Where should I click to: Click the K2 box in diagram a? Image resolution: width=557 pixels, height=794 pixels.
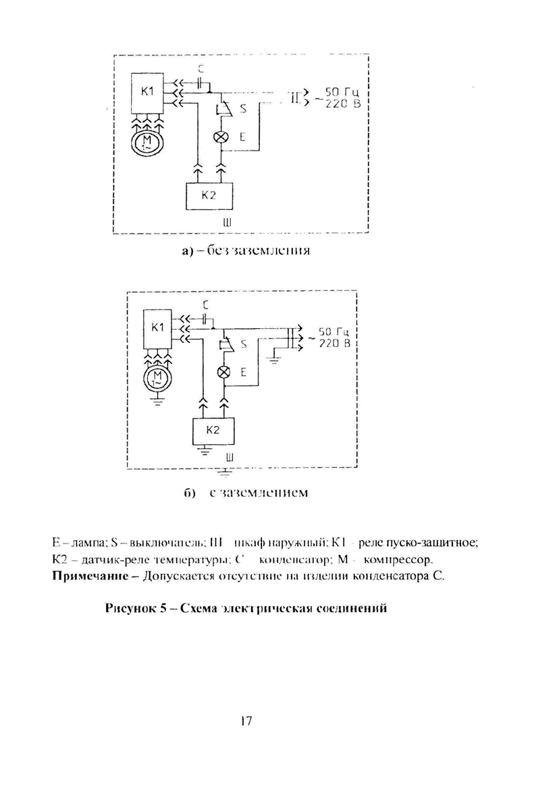click(208, 196)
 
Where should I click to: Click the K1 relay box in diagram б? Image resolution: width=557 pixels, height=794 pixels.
click(158, 329)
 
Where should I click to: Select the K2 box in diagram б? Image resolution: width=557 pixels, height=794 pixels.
click(213, 429)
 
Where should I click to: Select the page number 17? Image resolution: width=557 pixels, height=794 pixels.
click(245, 722)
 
